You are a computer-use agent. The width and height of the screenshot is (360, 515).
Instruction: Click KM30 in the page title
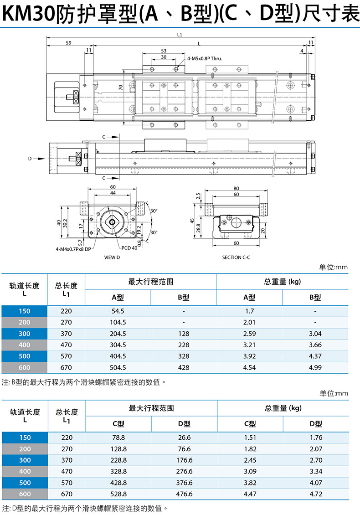(29, 14)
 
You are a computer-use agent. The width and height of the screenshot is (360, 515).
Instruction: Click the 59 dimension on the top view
(68, 43)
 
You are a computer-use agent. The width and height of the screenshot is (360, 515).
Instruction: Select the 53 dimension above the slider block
(164, 51)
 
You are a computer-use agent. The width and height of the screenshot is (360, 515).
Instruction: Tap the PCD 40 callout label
(129, 248)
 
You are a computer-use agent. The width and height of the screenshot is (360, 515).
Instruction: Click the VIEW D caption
(112, 257)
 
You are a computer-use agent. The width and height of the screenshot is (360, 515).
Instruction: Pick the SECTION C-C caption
(236, 257)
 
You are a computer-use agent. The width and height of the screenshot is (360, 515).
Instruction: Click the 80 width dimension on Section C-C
(236, 188)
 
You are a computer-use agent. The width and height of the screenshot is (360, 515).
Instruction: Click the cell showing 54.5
(118, 311)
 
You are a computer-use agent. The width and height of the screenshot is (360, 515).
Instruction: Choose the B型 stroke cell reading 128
(184, 334)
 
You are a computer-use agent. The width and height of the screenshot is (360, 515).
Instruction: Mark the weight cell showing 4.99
(315, 368)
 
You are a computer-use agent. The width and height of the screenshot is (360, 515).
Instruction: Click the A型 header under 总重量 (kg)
(249, 298)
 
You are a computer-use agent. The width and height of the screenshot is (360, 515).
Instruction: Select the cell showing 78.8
(118, 438)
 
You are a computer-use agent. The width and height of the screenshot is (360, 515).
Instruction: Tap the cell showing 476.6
(184, 494)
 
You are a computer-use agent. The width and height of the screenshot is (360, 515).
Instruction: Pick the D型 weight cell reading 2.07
(316, 449)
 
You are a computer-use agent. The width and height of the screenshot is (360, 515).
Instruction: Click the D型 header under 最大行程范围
(184, 424)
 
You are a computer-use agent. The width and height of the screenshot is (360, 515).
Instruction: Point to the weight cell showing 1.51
(250, 438)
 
